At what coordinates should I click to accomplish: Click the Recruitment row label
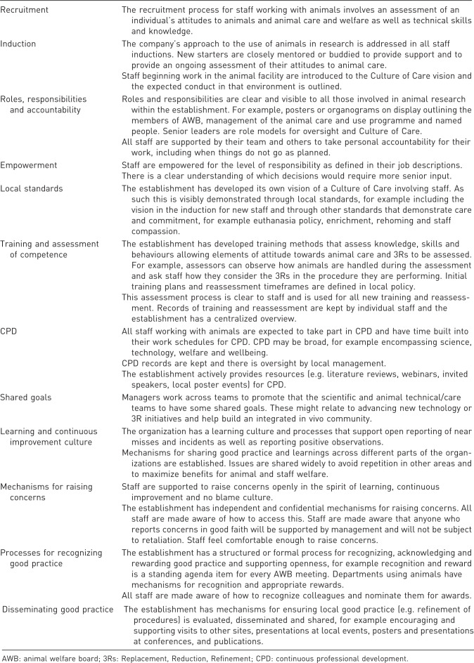point(25,11)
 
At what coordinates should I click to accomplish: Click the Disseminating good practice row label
point(59,609)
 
